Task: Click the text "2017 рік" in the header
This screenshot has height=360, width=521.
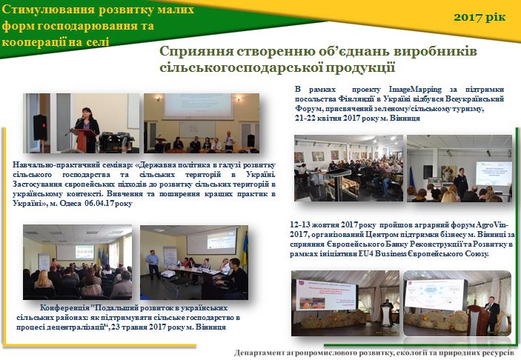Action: click(479, 17)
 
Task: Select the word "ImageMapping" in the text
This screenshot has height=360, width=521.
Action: click(415, 90)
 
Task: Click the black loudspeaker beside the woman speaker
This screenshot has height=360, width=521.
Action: click(40, 127)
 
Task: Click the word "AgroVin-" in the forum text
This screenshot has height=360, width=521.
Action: click(494, 225)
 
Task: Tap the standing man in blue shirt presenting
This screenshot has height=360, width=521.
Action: click(153, 264)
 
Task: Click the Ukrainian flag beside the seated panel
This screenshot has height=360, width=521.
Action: click(245, 250)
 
